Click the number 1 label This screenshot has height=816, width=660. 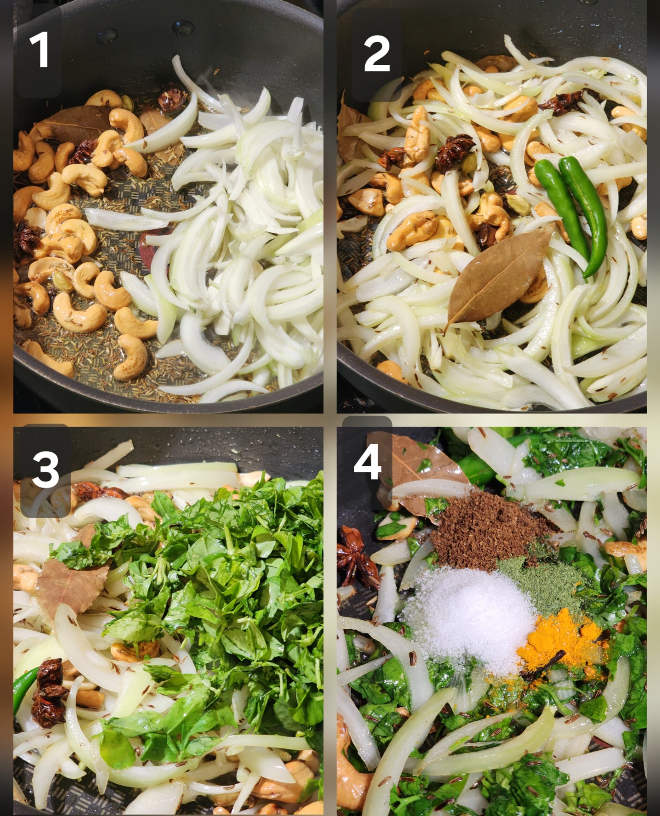point(40,50)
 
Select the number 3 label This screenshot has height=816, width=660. point(46,470)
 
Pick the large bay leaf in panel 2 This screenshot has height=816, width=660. point(498,279)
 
